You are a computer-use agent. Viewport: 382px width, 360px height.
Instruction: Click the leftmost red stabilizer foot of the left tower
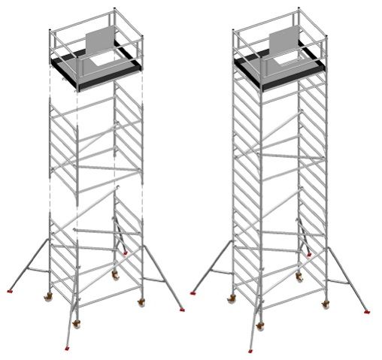pos(9,291)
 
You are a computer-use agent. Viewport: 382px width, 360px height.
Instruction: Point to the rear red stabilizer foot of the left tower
pos(125,253)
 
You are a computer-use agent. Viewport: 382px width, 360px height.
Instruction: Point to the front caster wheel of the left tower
pos(77,324)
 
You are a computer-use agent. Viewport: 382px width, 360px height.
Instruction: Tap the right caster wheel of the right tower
pos(326,304)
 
